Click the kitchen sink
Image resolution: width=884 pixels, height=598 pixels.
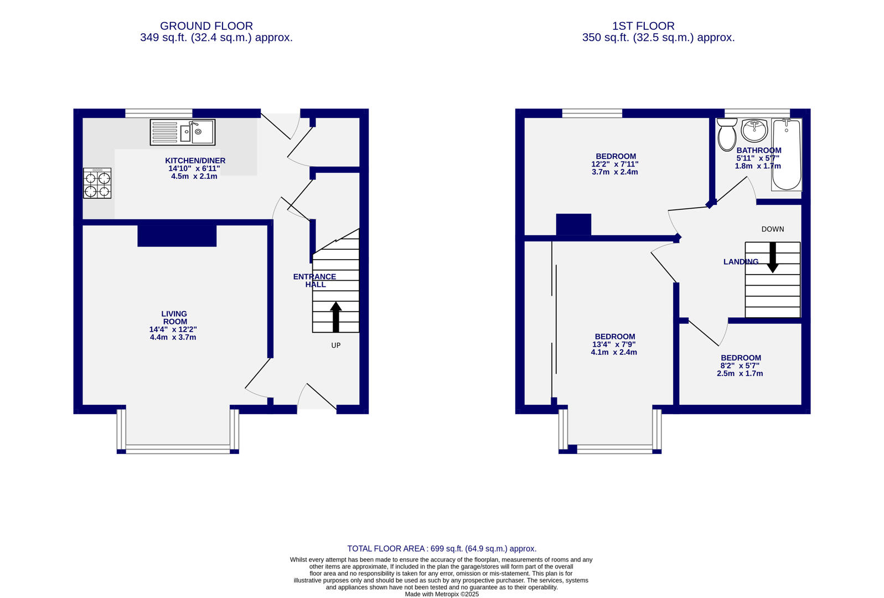tap(183, 132)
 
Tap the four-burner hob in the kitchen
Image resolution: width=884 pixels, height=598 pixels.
tap(97, 183)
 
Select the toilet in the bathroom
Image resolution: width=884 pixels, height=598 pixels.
tap(726, 135)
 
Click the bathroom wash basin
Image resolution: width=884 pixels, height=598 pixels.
tap(754, 130)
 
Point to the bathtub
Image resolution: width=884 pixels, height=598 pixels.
tap(786, 154)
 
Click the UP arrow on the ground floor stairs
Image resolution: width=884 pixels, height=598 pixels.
tap(336, 317)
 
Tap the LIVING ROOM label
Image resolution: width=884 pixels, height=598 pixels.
tap(174, 317)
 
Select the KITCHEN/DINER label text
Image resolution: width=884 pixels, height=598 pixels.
tap(195, 161)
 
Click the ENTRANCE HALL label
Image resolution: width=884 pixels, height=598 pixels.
tap(314, 280)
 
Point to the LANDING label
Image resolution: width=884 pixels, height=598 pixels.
tap(741, 262)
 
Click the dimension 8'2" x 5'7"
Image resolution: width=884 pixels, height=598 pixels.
tap(740, 365)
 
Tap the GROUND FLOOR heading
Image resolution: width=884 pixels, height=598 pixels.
tap(206, 26)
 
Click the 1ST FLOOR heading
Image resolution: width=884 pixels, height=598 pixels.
tap(643, 26)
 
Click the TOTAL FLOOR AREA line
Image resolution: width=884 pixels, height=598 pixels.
tap(442, 549)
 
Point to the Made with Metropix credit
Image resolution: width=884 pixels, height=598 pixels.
tap(442, 594)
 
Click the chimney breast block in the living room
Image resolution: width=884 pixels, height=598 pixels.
tap(177, 235)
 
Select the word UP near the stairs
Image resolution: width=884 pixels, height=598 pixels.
tap(335, 346)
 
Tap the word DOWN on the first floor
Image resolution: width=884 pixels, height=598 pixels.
tap(772, 229)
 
